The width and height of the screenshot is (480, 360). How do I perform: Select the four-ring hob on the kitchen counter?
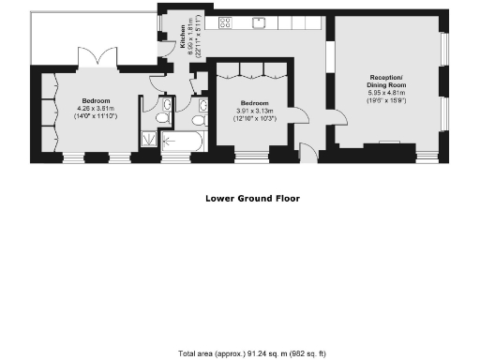pyautogui.click(x=226, y=22)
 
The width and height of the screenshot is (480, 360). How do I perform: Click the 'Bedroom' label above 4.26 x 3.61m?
pyautogui.click(x=97, y=100)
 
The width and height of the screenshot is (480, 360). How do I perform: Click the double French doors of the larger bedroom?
pyautogui.click(x=98, y=58)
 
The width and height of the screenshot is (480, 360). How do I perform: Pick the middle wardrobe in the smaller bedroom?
pyautogui.click(x=249, y=69)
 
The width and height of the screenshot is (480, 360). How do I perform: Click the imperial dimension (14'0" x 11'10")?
pyautogui.click(x=97, y=117)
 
